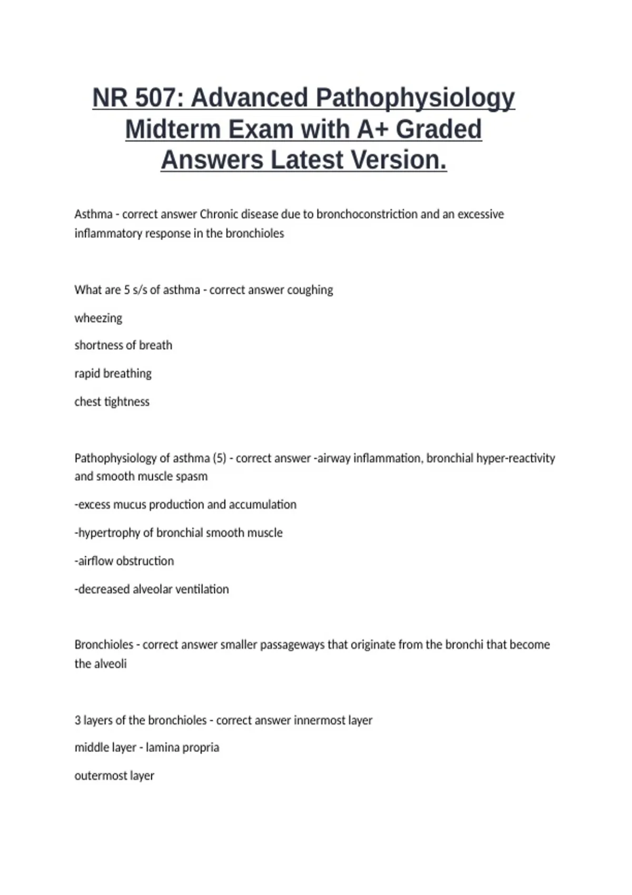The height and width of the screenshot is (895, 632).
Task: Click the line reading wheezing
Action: point(98,318)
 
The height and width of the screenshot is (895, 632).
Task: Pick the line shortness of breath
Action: point(123,345)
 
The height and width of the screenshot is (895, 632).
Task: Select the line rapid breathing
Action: point(113,374)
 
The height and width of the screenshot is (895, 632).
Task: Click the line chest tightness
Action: point(112,402)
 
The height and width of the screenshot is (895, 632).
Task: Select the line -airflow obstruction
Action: point(124,561)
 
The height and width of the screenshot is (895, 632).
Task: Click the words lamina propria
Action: point(182,748)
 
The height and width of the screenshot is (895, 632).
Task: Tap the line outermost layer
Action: point(114,776)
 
